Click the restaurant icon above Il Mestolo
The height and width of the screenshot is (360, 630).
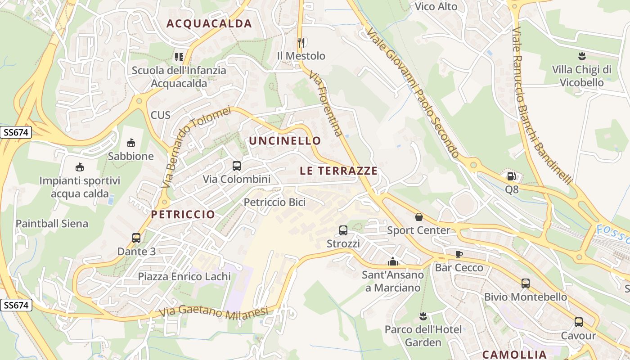click(x=301, y=43)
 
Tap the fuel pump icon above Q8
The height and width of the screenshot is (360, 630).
click(x=511, y=176)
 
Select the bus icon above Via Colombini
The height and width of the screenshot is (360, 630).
click(x=237, y=166)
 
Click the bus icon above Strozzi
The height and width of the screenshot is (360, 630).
click(x=343, y=230)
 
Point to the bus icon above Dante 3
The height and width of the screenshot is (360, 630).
click(x=136, y=238)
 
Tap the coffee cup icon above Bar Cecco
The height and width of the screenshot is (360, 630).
click(x=459, y=254)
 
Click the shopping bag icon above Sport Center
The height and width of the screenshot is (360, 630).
click(x=419, y=217)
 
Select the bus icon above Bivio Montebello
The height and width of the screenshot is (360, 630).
click(x=526, y=283)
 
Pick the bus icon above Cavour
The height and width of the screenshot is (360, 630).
click(x=579, y=322)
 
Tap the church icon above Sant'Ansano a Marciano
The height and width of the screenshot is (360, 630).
click(x=393, y=261)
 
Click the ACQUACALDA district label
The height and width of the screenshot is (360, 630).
click(x=209, y=24)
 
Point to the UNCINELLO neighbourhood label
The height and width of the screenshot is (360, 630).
click(x=285, y=141)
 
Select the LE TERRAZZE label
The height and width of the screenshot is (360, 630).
click(x=338, y=171)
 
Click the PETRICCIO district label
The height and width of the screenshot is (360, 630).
click(x=183, y=215)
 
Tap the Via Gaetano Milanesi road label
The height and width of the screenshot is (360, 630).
click(x=214, y=311)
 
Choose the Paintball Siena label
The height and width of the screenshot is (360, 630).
click(x=52, y=224)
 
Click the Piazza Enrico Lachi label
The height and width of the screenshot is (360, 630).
click(x=184, y=276)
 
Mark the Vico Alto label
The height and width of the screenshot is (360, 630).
click(x=436, y=7)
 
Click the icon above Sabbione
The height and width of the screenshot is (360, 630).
click(x=131, y=143)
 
